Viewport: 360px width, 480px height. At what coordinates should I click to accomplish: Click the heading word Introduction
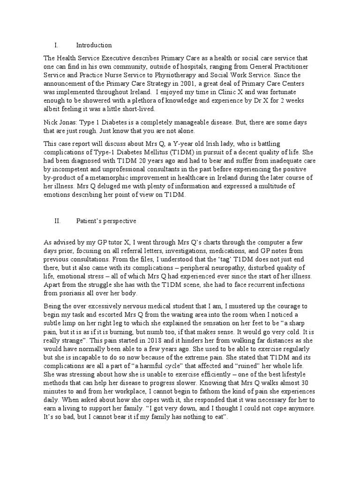coord(94,45)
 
